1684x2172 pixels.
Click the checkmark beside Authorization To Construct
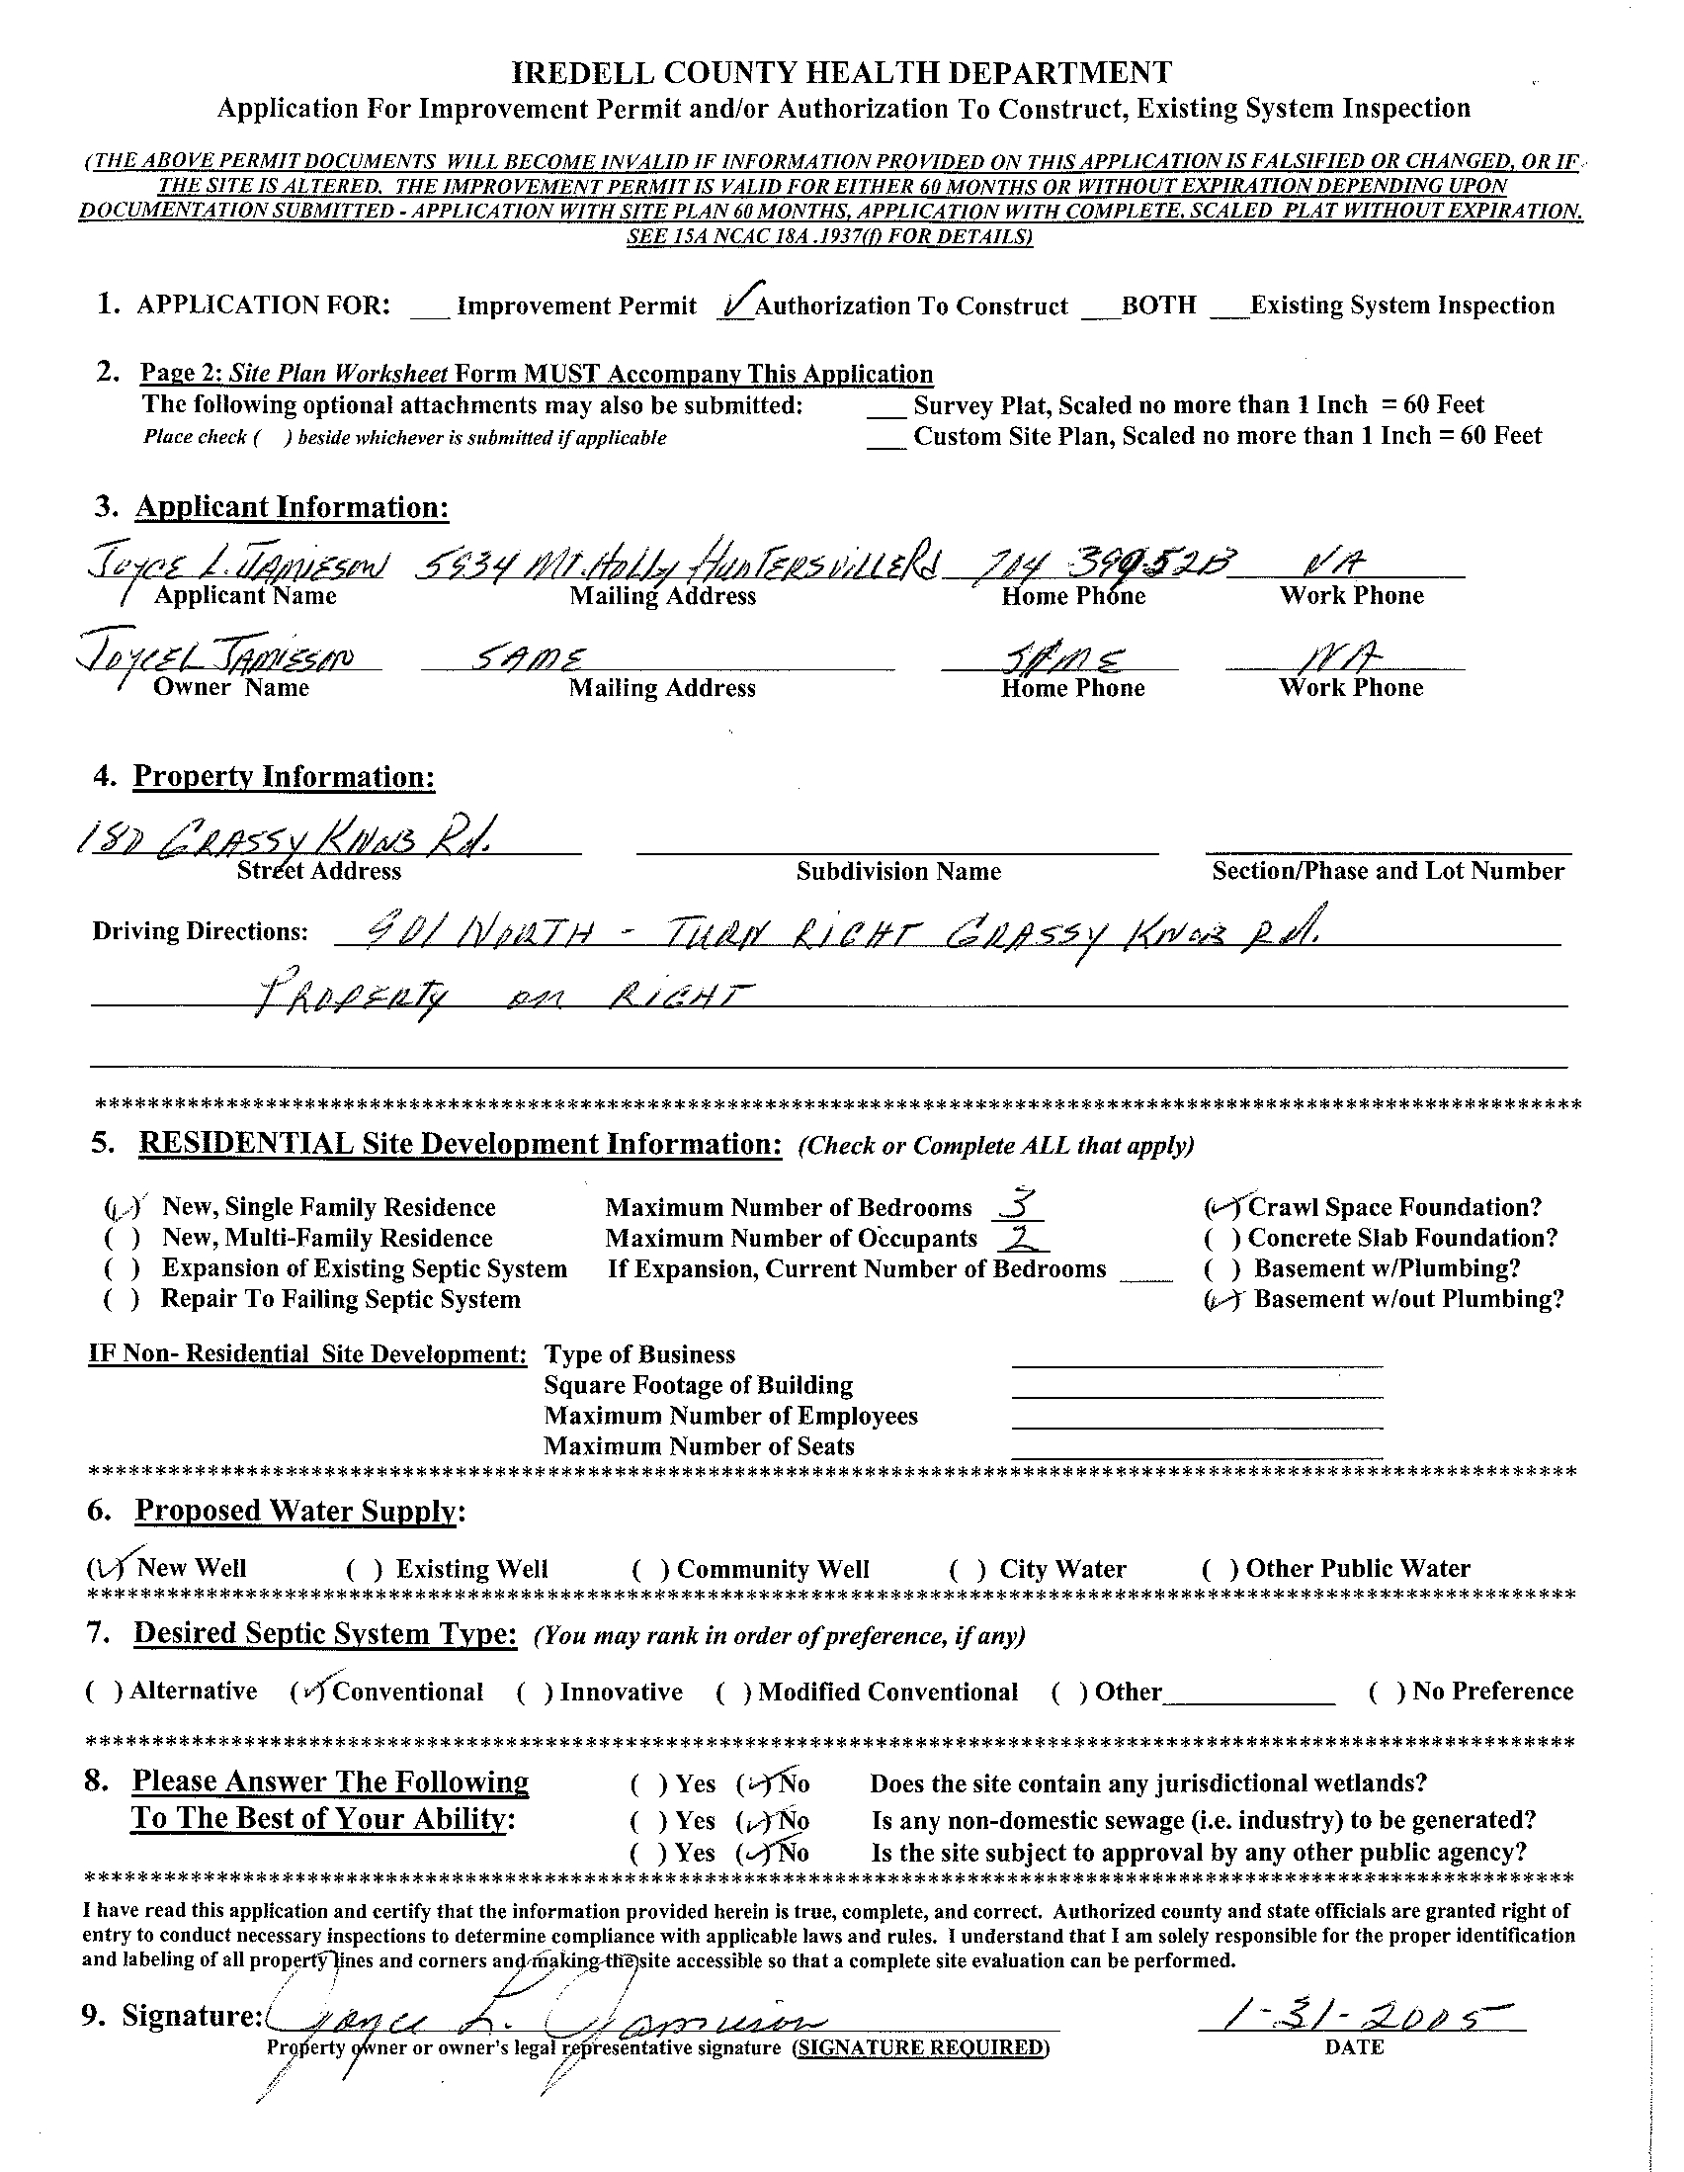(x=735, y=302)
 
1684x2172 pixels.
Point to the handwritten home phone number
(x=1093, y=564)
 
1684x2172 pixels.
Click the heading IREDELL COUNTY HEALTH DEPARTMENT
(x=841, y=72)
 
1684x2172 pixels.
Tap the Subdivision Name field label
(x=897, y=872)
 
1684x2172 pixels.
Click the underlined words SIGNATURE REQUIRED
(x=919, y=2048)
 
